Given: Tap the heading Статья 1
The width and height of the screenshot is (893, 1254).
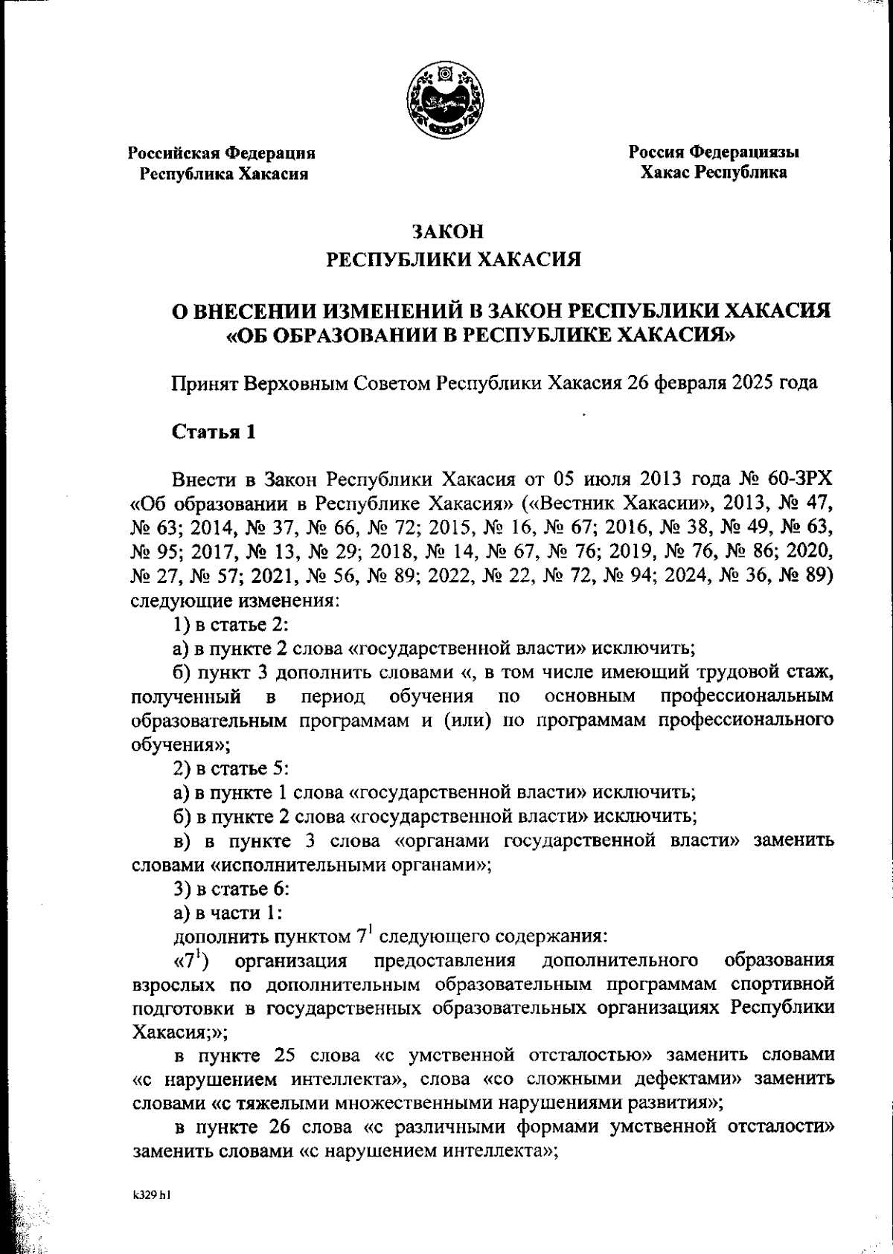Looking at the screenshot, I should (214, 432).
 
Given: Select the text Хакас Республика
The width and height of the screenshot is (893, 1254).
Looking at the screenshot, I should (714, 173).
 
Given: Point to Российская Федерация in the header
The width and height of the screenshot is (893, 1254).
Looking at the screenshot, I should (221, 153).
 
